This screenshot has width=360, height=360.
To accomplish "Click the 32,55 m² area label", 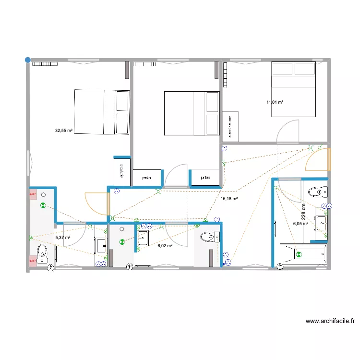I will (x=64, y=130).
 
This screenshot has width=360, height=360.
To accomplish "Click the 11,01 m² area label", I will (x=275, y=102).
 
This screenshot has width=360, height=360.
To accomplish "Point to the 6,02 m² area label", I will (x=165, y=245).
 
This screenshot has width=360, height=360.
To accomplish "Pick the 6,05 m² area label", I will (x=300, y=223).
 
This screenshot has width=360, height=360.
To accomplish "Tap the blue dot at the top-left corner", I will (x=28, y=60).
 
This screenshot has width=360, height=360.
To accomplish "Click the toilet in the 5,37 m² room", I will (x=42, y=253).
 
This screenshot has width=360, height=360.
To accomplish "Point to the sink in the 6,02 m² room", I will (x=143, y=238).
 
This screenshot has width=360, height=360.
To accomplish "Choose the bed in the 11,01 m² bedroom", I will (x=293, y=89).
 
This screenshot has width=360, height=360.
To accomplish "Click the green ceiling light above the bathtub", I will (x=299, y=255).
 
